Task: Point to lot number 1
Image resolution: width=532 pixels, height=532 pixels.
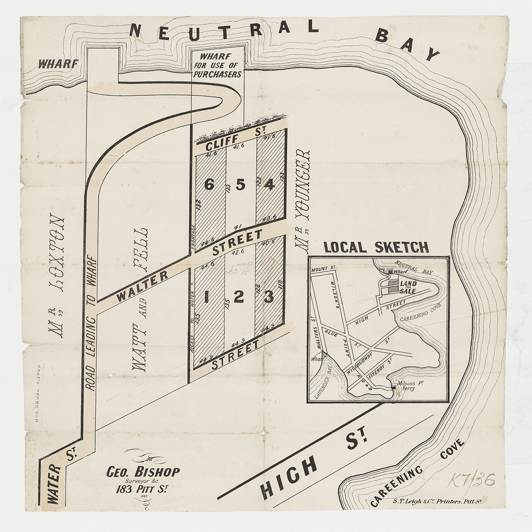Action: coord(206,297)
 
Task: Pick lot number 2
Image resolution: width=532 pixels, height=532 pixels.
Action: coord(239,297)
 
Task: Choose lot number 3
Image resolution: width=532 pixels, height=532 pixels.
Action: coord(268,297)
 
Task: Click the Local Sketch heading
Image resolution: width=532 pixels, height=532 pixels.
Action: coord(376,247)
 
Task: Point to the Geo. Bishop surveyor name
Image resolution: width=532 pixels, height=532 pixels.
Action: coord(143,471)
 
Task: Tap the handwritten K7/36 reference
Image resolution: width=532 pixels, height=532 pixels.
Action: coord(473,480)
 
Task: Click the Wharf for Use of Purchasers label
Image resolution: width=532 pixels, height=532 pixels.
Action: coord(217,65)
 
